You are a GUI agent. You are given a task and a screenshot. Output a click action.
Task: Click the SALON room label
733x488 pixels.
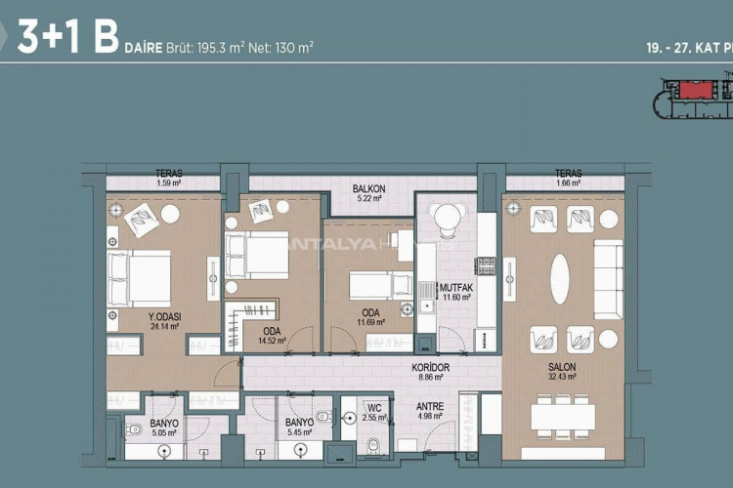tap(560, 366)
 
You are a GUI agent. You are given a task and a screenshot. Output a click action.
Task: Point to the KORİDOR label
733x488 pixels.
tap(430, 366)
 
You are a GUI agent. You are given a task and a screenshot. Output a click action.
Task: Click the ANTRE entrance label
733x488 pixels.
tap(430, 406)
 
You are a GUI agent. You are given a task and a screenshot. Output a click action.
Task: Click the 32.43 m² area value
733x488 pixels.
tap(560, 377)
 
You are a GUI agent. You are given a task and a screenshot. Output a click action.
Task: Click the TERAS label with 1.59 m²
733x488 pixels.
tap(168, 174)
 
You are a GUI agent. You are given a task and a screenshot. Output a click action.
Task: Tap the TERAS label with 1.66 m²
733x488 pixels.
tap(568, 174)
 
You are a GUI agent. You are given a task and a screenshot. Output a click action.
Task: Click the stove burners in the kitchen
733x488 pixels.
tap(485, 264)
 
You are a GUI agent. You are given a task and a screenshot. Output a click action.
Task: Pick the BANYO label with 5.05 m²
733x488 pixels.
tap(163, 423)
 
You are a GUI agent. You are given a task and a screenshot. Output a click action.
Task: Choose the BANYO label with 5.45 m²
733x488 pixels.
tap(299, 423)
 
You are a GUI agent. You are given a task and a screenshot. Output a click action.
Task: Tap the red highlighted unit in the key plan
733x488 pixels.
tap(696, 91)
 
